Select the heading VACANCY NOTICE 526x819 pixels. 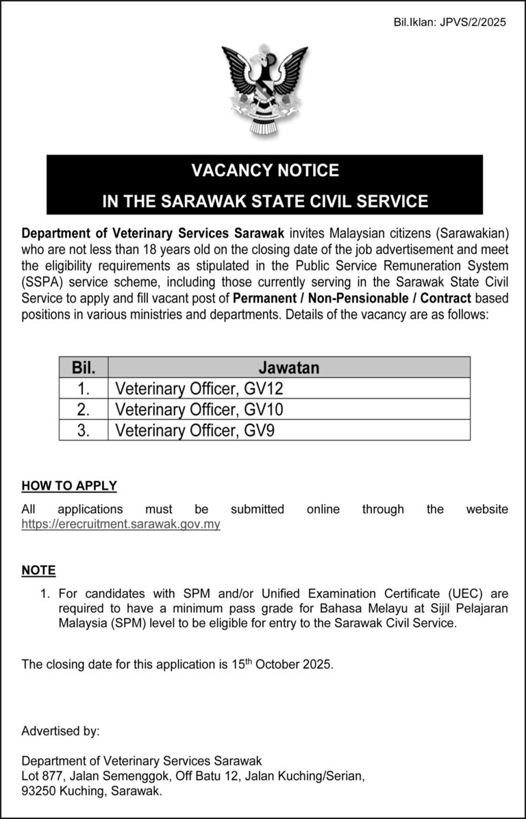264,170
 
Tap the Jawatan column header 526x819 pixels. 289,367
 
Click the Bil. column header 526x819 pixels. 84,367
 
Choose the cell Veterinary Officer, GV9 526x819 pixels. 196,430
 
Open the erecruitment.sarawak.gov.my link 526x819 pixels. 121,525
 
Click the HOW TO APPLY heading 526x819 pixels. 69,486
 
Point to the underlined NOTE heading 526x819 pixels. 38,570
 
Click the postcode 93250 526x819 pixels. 38,791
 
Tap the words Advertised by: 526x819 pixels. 60,731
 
